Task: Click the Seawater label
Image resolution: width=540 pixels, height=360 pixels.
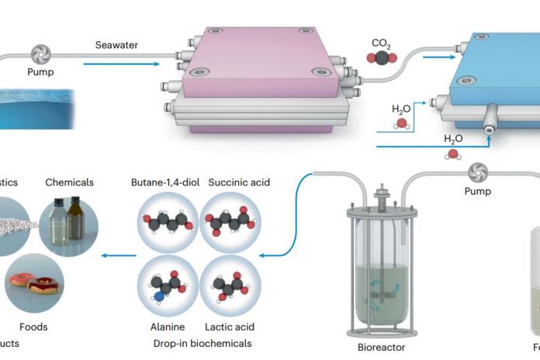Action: pyautogui.click(x=116, y=45)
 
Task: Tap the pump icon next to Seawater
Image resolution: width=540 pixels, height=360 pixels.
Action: pyautogui.click(x=40, y=56)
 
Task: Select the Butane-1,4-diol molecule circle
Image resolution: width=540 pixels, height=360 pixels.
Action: pyautogui.click(x=167, y=223)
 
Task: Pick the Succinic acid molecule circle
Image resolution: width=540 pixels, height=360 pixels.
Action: pyautogui.click(x=230, y=223)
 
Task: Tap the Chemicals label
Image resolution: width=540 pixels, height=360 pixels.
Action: pyautogui.click(x=69, y=182)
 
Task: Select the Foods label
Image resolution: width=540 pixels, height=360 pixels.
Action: pyautogui.click(x=33, y=327)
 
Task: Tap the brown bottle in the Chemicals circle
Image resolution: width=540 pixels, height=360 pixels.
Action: pyautogui.click(x=76, y=220)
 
